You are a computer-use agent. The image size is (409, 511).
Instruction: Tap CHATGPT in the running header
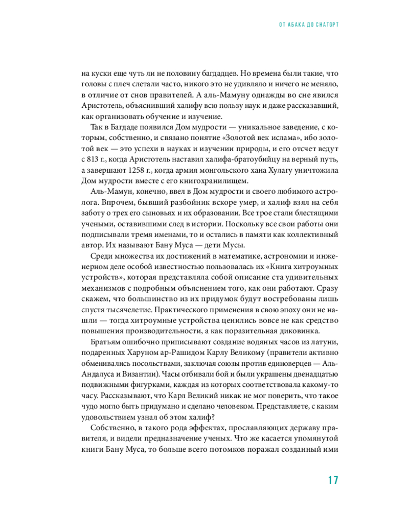click(x=326, y=25)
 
